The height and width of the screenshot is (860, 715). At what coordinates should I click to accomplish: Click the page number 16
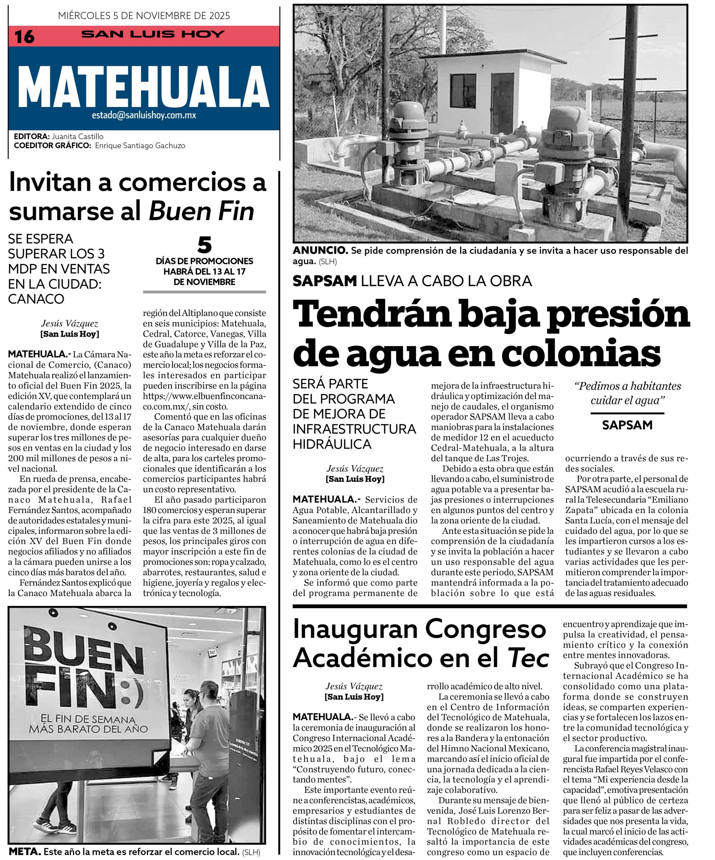click(25, 36)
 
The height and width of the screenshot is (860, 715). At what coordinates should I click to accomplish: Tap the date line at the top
click(144, 16)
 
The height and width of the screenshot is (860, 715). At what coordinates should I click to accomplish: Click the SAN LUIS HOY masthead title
click(153, 34)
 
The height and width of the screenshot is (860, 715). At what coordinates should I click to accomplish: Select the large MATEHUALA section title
click(144, 90)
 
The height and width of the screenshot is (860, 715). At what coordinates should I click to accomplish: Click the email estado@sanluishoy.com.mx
click(144, 116)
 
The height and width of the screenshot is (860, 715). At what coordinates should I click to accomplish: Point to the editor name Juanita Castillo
click(78, 136)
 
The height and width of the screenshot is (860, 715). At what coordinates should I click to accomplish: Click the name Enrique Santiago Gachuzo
click(140, 145)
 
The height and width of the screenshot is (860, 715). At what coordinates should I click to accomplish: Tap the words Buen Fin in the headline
click(201, 211)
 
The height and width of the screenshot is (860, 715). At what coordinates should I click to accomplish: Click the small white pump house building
click(475, 94)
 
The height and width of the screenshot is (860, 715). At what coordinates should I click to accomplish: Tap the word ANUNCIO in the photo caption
click(320, 251)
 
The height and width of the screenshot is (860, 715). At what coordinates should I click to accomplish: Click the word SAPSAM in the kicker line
click(325, 281)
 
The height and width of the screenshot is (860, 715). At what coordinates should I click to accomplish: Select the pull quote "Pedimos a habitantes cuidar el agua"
click(627, 393)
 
